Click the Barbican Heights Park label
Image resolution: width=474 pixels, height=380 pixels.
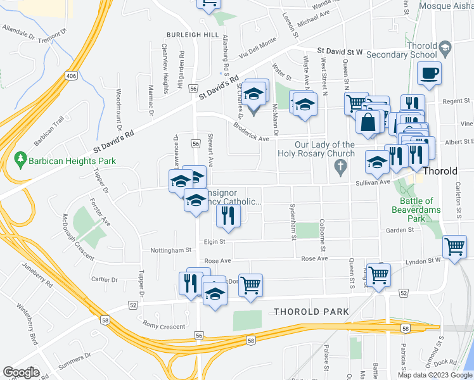[x=72, y=161]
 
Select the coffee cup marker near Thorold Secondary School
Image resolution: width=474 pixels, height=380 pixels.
[x=430, y=73]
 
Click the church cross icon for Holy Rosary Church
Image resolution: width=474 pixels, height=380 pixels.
[x=340, y=168]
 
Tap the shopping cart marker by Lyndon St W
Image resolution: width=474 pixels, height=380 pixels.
[x=454, y=247]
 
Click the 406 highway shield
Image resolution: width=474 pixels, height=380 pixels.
[x=70, y=76]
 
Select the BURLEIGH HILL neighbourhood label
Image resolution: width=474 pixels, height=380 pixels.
[x=193, y=34]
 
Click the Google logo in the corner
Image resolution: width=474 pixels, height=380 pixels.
[x=21, y=372]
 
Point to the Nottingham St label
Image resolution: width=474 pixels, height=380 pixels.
[x=170, y=250]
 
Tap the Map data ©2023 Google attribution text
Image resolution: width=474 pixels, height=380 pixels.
[x=435, y=374]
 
